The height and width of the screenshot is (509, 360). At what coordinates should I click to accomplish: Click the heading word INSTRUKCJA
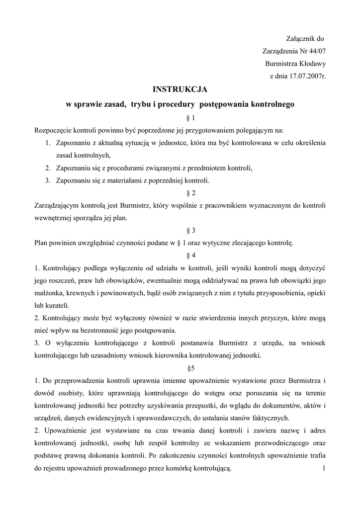point(180,89)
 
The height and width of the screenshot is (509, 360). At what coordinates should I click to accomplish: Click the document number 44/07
point(316,51)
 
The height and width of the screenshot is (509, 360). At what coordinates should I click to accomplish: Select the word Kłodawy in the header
point(312,64)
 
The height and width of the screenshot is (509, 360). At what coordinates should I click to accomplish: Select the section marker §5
point(180,368)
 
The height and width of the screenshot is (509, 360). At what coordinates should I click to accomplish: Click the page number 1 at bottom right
point(323,468)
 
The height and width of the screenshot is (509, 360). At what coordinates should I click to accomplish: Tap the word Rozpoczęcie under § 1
point(53,130)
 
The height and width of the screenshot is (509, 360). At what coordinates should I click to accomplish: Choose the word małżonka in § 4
point(49,292)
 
